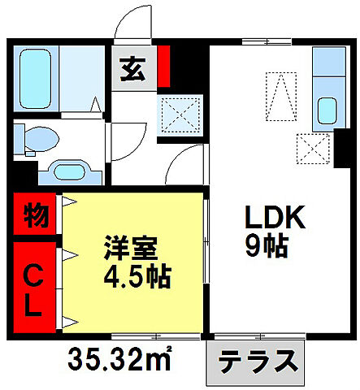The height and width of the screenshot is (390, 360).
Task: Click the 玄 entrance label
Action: pos(132,70)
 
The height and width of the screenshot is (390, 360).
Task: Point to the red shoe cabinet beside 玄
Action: pos(163,67)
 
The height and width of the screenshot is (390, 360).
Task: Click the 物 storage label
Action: pos(35,217)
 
